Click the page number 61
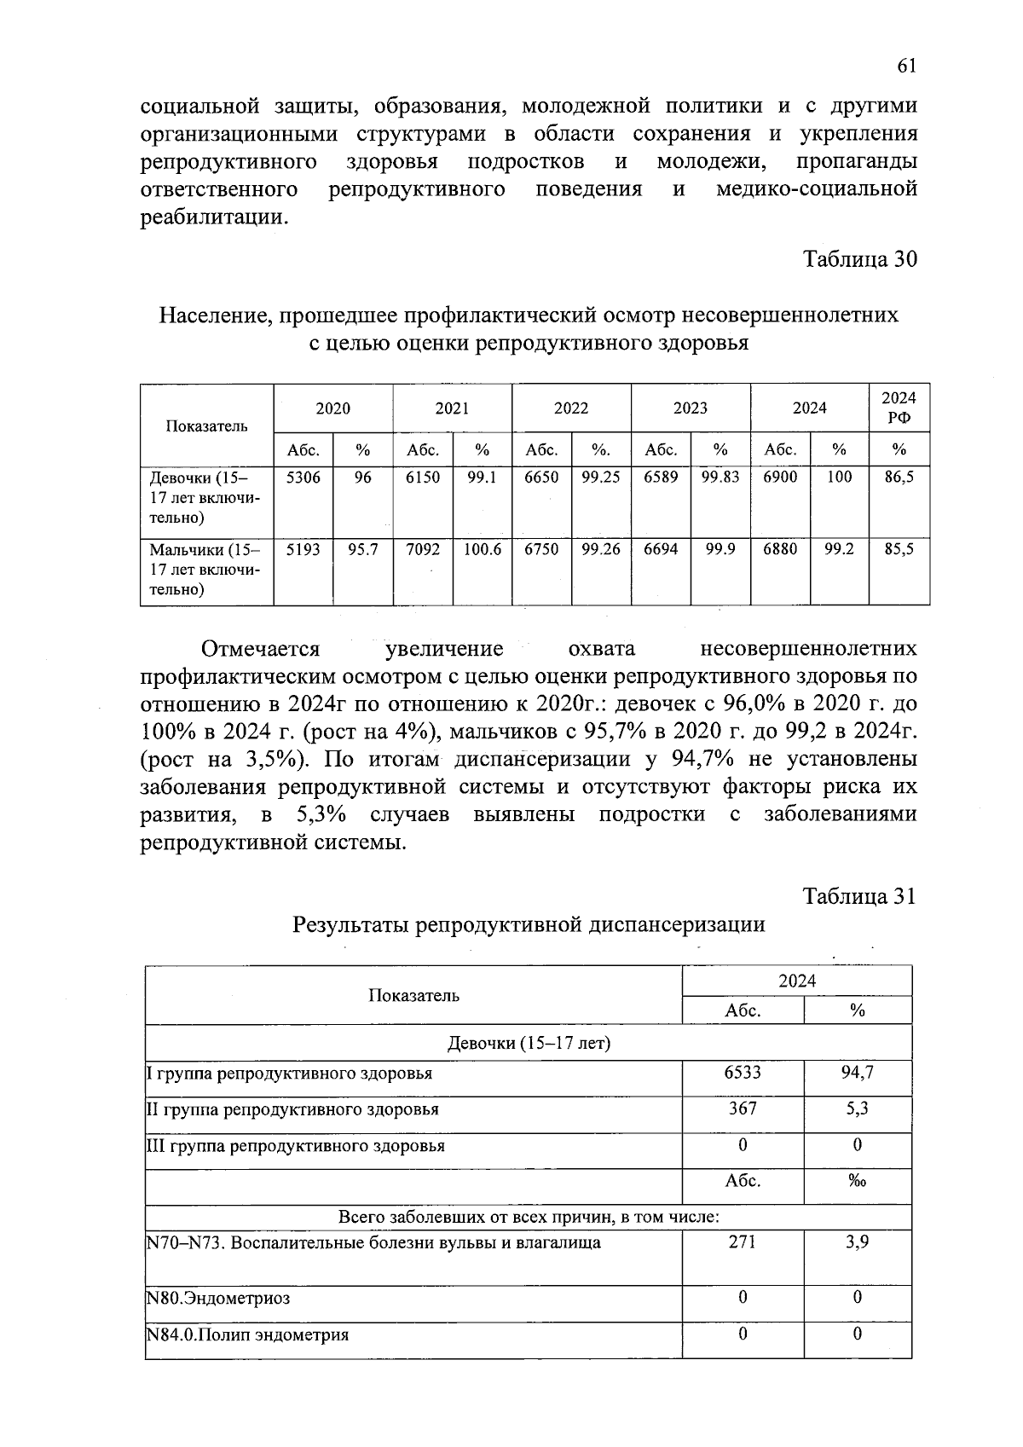(x=906, y=67)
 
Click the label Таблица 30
(x=860, y=259)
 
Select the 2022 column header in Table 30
(x=571, y=408)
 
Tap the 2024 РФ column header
(x=899, y=408)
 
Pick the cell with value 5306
(x=303, y=478)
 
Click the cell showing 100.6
(x=482, y=550)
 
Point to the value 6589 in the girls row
(x=661, y=478)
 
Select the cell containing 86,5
(x=899, y=478)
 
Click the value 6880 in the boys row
(x=780, y=550)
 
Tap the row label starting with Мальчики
(x=205, y=570)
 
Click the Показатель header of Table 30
(x=206, y=425)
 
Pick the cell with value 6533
(x=742, y=1073)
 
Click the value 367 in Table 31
(x=742, y=1108)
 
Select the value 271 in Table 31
(x=742, y=1242)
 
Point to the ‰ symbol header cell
(x=857, y=1182)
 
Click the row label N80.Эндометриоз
(x=219, y=1299)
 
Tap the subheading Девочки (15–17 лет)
(x=529, y=1043)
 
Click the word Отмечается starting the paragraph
(x=260, y=649)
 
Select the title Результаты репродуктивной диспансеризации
(x=529, y=924)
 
